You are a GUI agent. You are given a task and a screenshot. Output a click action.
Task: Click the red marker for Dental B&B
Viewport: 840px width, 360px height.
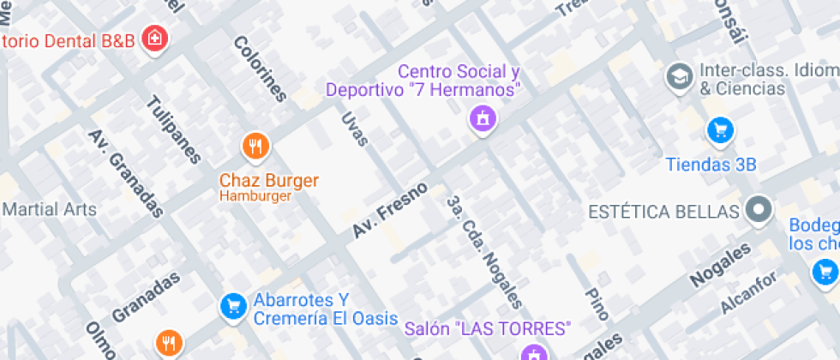[154, 39]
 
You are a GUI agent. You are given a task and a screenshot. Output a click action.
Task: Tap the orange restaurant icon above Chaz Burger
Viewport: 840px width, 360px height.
[255, 147]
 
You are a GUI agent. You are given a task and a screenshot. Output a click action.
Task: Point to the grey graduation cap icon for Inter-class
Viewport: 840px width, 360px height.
[681, 77]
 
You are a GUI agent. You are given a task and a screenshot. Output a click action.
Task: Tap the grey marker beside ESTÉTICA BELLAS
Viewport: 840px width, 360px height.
[759, 210]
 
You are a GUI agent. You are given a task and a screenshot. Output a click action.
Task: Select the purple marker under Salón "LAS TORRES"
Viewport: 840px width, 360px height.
[532, 351]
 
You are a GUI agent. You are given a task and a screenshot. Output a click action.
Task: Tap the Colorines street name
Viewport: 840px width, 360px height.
[259, 69]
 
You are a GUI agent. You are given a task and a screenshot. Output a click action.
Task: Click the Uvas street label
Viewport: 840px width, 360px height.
[354, 129]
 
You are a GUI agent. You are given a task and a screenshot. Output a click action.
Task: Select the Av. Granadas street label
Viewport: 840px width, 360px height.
[126, 174]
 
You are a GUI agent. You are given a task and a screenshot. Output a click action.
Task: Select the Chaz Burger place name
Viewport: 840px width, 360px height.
[269, 181]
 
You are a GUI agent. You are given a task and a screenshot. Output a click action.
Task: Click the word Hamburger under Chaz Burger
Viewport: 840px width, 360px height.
[255, 195]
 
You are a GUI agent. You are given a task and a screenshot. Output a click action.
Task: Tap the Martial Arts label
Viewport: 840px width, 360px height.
[50, 209]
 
